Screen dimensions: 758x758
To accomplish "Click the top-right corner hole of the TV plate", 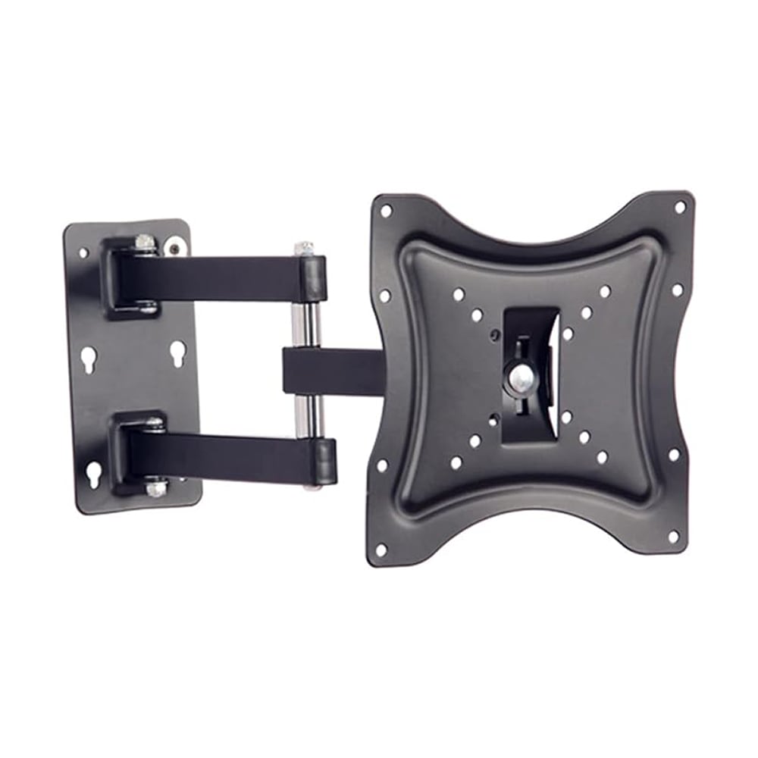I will click(x=680, y=206).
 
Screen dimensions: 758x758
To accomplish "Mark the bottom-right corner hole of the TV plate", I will click(x=672, y=536).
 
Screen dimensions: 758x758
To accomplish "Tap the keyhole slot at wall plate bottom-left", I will click(x=93, y=473).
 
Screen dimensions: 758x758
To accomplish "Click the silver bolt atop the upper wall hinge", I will click(x=145, y=242).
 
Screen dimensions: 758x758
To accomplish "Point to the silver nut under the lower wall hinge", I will click(x=156, y=489).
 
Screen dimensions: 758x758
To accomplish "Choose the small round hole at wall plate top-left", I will click(x=83, y=252).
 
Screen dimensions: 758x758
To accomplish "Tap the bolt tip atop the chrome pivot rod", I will click(x=304, y=248).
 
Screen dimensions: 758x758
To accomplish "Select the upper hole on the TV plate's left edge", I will click(x=384, y=296).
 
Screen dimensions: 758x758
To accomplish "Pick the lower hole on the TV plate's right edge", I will click(x=674, y=455).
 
